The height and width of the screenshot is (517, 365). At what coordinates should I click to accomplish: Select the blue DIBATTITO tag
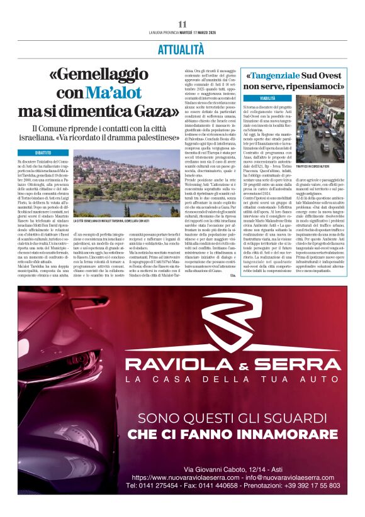tap(43, 153)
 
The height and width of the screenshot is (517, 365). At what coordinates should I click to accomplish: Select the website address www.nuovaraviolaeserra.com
tap(179, 477)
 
